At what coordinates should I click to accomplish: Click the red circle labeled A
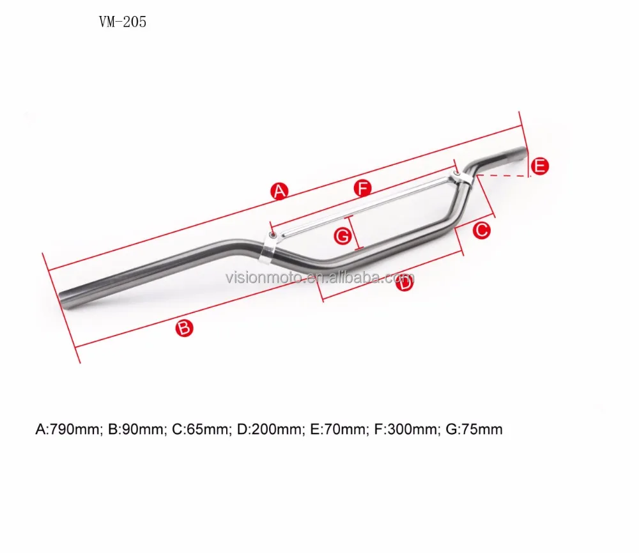(279, 191)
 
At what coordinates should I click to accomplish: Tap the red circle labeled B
(183, 329)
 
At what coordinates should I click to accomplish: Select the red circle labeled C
(481, 230)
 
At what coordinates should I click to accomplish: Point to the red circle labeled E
(540, 167)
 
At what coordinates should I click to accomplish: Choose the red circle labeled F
(363, 188)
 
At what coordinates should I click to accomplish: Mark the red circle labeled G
(343, 236)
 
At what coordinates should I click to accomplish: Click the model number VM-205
(123, 22)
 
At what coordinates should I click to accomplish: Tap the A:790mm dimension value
(68, 430)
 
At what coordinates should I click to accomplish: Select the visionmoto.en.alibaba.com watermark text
(319, 277)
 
